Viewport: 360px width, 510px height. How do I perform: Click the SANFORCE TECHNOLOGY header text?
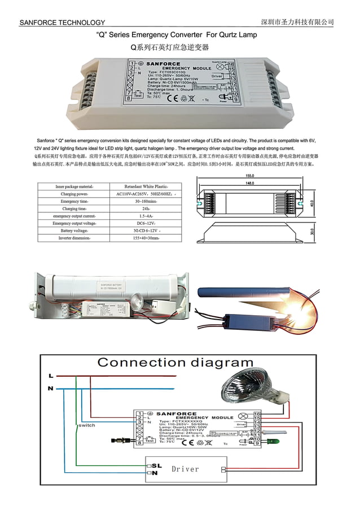coord(62,23)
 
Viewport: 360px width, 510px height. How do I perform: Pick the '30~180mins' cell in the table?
coord(146,201)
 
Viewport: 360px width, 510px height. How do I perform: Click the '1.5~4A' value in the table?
coord(146,216)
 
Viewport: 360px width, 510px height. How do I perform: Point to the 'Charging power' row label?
coord(74,194)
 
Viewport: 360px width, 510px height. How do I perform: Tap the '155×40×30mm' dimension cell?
coord(146,238)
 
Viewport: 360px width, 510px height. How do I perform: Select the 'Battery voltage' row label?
coord(74,231)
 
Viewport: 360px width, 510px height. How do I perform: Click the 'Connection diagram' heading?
coord(175,362)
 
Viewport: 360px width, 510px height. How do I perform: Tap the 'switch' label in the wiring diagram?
coord(86,425)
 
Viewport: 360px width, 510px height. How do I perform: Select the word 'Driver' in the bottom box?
coord(185,469)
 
